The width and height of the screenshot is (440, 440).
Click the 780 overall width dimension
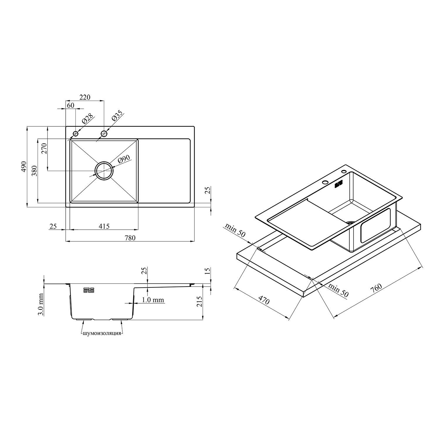point(130,238)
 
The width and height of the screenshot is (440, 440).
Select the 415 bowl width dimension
point(104,226)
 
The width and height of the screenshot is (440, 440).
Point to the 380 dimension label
point(34,171)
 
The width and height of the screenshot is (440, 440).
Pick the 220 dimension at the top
point(85,97)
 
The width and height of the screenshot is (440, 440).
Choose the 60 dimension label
point(70,105)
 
